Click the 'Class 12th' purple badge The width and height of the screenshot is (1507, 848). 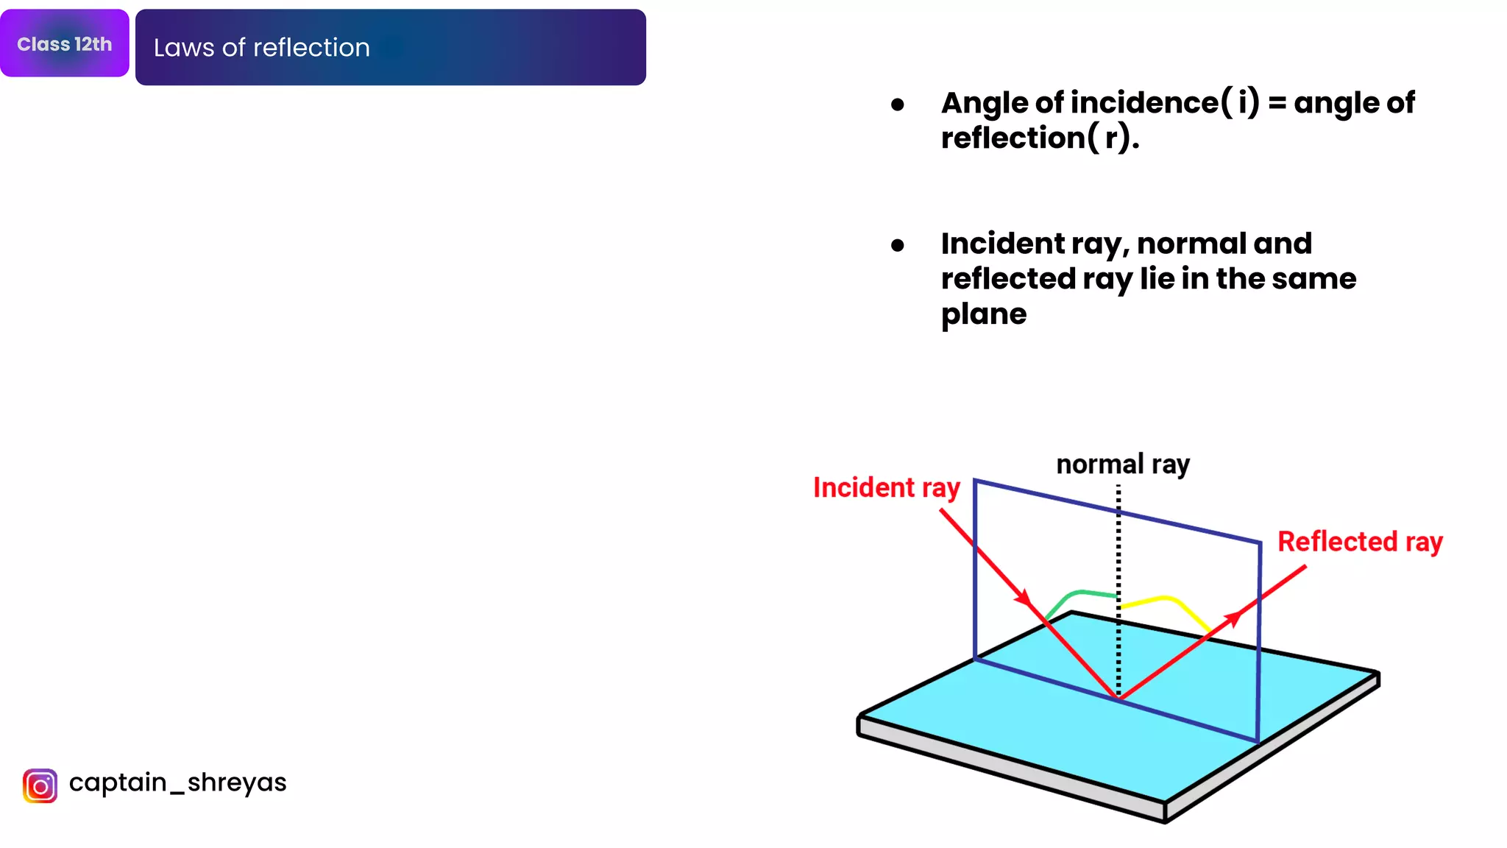pyautogui.click(x=65, y=43)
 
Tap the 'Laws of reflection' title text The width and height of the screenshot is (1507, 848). pyautogui.click(x=261, y=48)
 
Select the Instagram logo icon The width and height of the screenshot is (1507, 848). pyautogui.click(x=40, y=785)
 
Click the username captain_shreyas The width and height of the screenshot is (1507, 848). pyautogui.click(x=177, y=782)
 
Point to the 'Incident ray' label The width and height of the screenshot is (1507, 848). pyautogui.click(x=886, y=488)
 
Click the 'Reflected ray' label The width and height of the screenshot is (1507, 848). pyautogui.click(x=1360, y=542)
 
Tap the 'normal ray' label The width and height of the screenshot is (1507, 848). pyautogui.click(x=1123, y=464)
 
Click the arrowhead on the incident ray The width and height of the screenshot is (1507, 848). pyautogui.click(x=1024, y=598)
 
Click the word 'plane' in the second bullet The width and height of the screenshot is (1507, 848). pyautogui.click(x=984, y=314)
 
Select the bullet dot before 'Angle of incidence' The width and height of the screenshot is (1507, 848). pyautogui.click(x=897, y=105)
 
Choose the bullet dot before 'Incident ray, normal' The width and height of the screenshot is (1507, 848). pyautogui.click(x=897, y=245)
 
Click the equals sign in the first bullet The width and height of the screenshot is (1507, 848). pyautogui.click(x=1277, y=104)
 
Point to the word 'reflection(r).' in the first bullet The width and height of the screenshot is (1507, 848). pyautogui.click(x=1040, y=138)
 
